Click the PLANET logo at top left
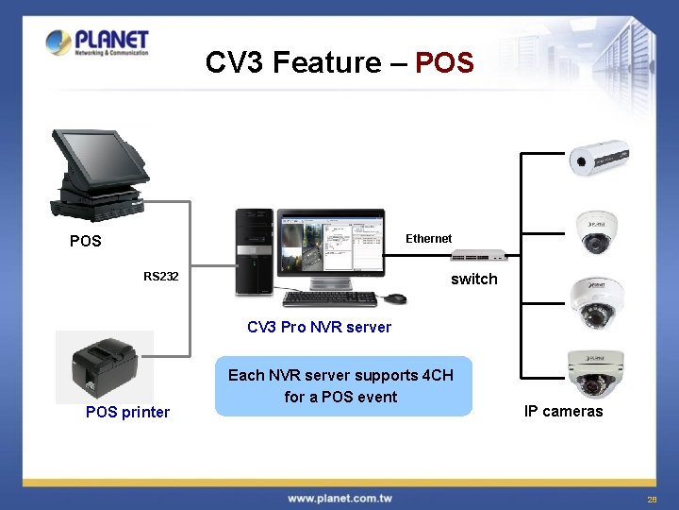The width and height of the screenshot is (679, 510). (x=97, y=42)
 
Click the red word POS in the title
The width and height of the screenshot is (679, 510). (x=444, y=62)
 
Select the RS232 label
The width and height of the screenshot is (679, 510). (x=160, y=277)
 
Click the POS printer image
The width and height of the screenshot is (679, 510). (x=105, y=367)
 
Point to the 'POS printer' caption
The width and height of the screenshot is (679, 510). (x=128, y=412)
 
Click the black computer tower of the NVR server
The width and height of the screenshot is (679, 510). (x=254, y=251)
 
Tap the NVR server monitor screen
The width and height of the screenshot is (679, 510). (x=331, y=246)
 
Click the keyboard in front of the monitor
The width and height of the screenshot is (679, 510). (x=330, y=298)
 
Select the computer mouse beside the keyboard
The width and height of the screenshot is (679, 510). (x=395, y=298)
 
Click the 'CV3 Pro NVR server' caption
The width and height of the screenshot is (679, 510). (x=319, y=327)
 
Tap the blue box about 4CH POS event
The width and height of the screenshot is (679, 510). (x=342, y=386)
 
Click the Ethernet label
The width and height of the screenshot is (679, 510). (x=428, y=239)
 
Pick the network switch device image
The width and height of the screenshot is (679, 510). (x=479, y=256)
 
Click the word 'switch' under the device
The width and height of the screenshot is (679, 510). (x=473, y=279)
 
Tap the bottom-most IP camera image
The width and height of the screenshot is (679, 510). (x=595, y=374)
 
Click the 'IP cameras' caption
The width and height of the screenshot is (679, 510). (x=563, y=411)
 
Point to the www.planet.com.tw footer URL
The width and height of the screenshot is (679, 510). (x=339, y=498)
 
